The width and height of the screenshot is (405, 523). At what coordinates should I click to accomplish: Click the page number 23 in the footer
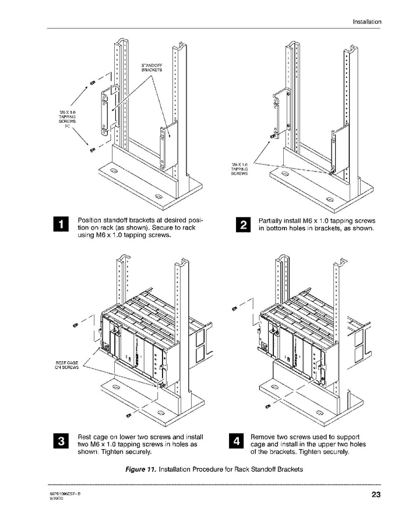click(375, 496)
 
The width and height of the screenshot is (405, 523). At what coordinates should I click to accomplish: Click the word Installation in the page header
click(367, 22)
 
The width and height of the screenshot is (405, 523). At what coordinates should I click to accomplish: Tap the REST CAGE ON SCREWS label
click(66, 365)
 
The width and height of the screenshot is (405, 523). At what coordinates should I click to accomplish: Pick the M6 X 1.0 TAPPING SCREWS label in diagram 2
click(240, 169)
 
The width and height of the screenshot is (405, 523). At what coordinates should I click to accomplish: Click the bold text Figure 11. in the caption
click(140, 469)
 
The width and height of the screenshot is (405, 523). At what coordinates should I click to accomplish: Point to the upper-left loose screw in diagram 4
click(234, 307)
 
